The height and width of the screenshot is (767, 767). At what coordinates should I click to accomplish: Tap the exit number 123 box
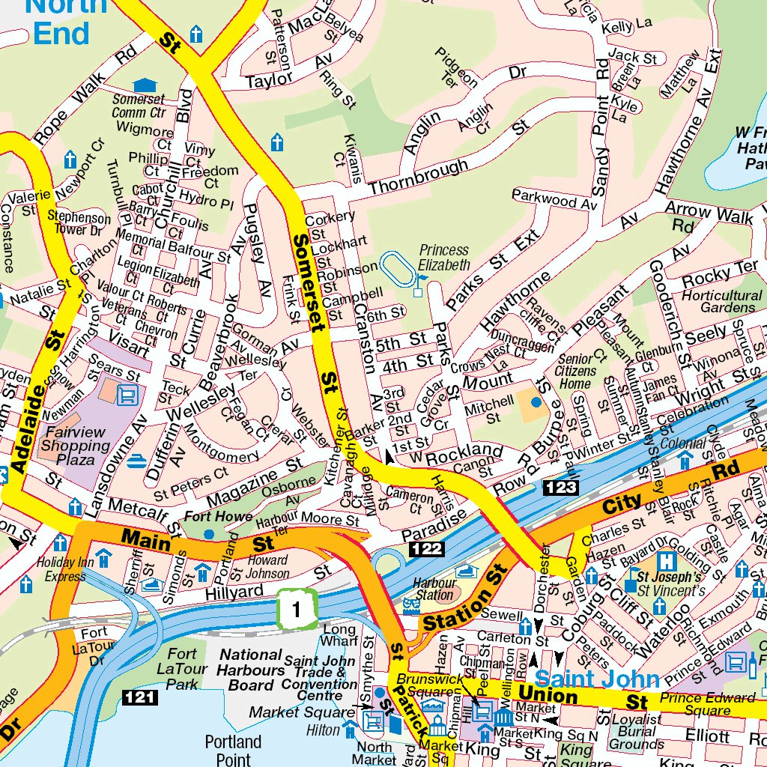(560, 488)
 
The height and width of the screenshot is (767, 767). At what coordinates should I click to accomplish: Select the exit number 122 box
(426, 550)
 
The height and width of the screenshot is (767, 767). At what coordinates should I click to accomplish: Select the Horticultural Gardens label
(721, 301)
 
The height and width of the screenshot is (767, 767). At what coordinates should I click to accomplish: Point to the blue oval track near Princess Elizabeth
(397, 268)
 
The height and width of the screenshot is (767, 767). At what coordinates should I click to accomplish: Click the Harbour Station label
(434, 589)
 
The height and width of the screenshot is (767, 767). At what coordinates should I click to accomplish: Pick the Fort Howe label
(208, 517)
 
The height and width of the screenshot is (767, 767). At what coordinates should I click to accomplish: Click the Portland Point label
(233, 749)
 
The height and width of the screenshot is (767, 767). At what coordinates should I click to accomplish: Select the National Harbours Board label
(250, 670)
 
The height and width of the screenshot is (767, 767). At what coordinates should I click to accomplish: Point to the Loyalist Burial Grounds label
(636, 731)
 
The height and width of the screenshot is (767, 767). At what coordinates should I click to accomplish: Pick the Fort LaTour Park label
(182, 669)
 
